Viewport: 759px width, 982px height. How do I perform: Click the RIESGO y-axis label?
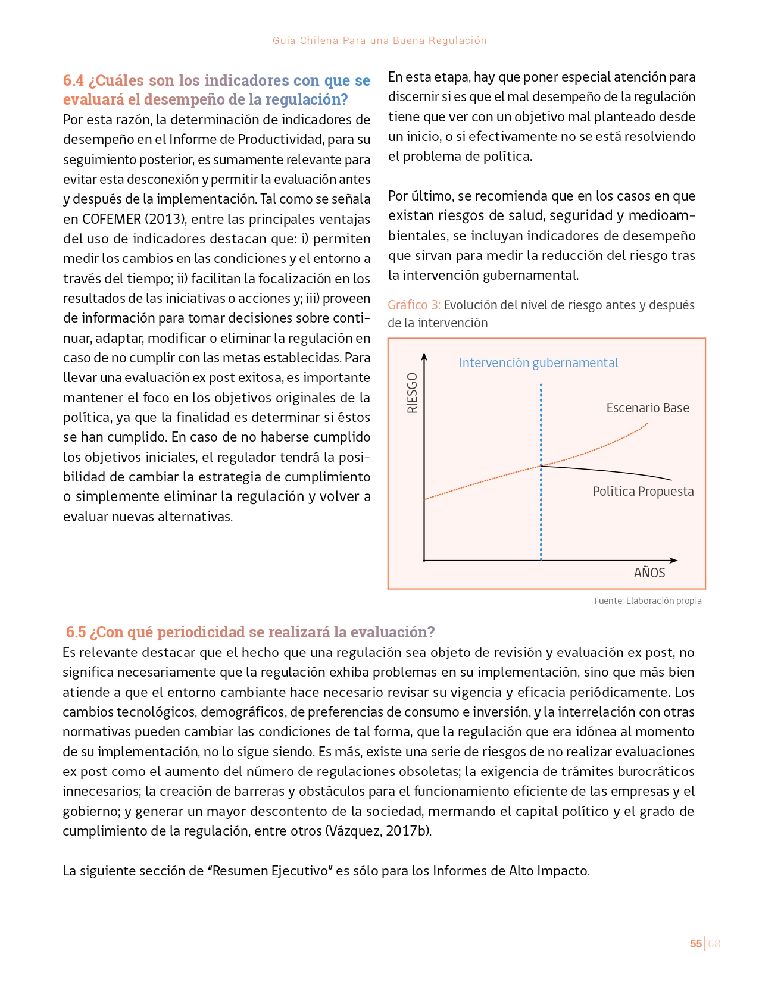pyautogui.click(x=412, y=393)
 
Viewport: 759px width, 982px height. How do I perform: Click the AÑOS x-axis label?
pyautogui.click(x=649, y=573)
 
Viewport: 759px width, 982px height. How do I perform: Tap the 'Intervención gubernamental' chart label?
pyautogui.click(x=538, y=363)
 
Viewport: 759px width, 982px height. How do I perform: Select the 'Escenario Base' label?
pyautogui.click(x=648, y=408)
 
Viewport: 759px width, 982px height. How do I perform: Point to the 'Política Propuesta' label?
pyautogui.click(x=643, y=492)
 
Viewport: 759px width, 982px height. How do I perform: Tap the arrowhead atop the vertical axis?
pyautogui.click(x=424, y=356)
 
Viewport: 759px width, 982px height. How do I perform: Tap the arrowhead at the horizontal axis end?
pyautogui.click(x=673, y=560)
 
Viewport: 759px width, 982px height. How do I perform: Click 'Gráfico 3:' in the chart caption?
pyautogui.click(x=414, y=305)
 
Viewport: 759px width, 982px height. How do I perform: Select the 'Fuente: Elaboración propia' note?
pyautogui.click(x=648, y=601)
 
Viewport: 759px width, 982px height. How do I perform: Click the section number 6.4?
pyautogui.click(x=74, y=80)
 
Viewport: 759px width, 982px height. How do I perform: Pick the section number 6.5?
pyautogui.click(x=76, y=632)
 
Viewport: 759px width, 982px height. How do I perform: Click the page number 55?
pyautogui.click(x=695, y=944)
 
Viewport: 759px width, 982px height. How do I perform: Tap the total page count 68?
pyautogui.click(x=714, y=944)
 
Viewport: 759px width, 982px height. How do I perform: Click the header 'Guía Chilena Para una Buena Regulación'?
pyautogui.click(x=379, y=40)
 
